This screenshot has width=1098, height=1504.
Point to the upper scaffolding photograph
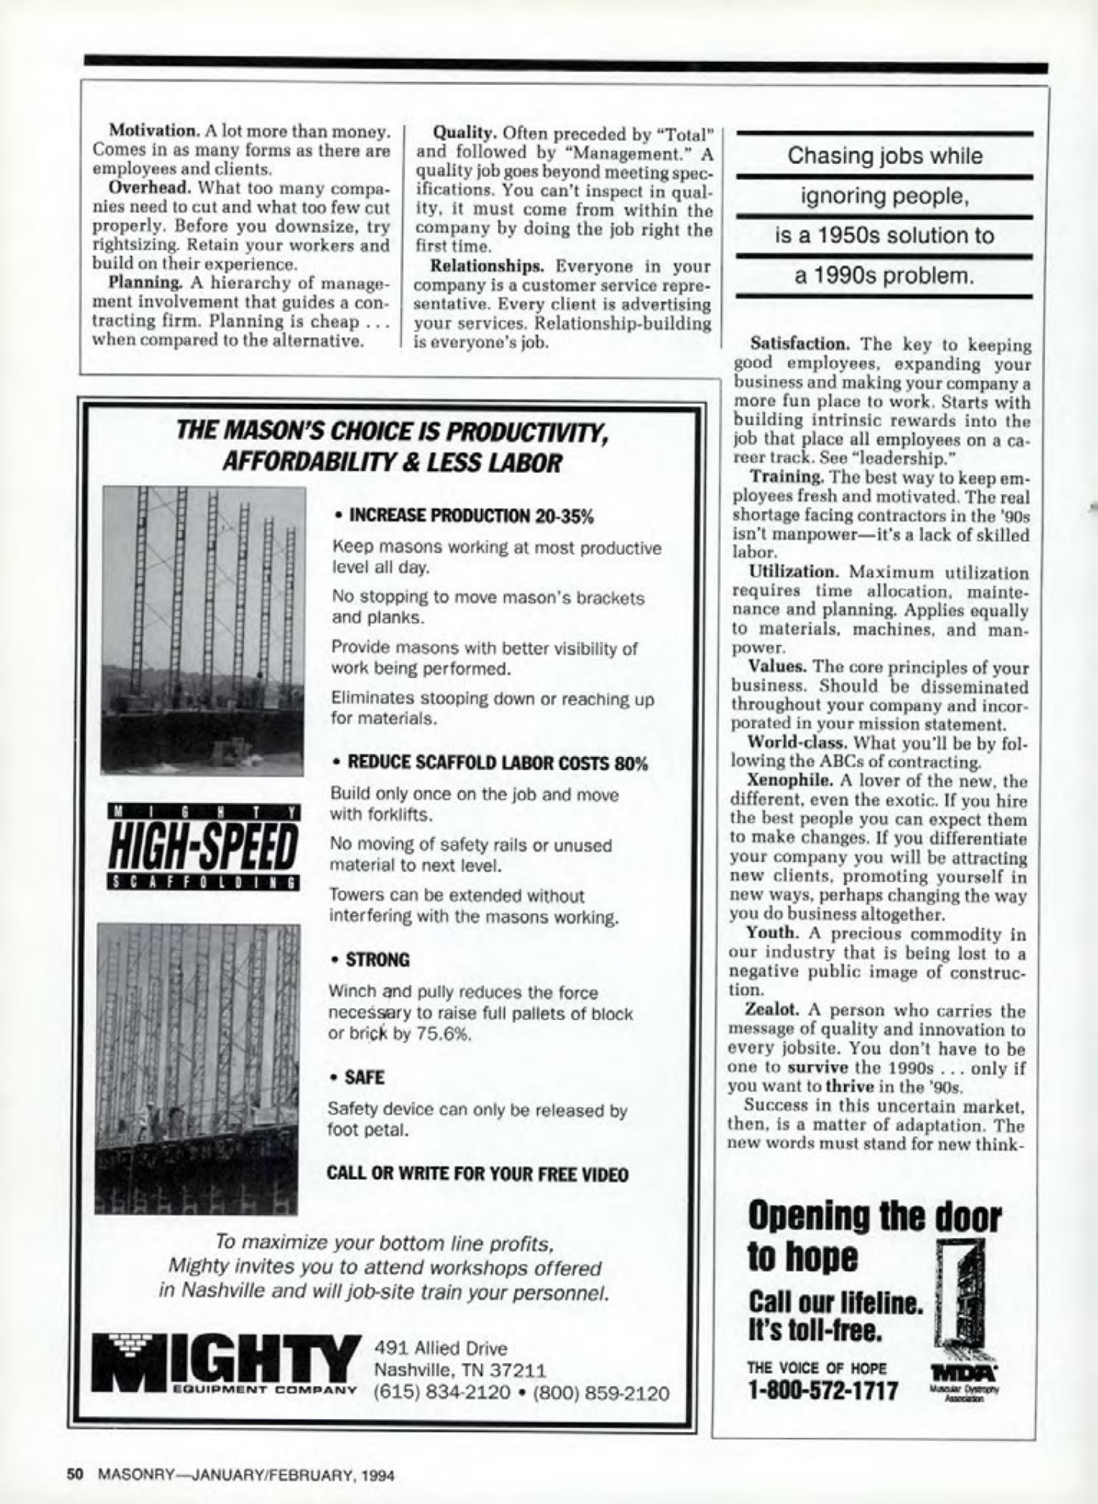(x=203, y=630)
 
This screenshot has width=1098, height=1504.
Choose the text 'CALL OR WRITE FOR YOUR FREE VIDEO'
(x=477, y=1174)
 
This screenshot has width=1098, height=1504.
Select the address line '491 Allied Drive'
(x=441, y=1348)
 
